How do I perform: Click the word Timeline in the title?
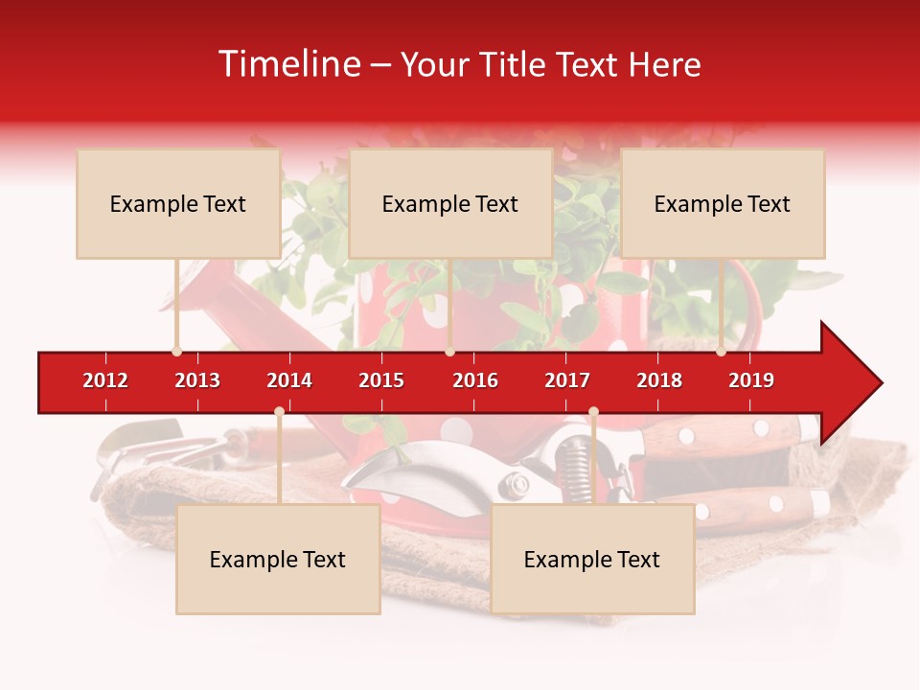click(x=288, y=64)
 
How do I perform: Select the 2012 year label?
click(x=105, y=380)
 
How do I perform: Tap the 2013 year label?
click(x=197, y=380)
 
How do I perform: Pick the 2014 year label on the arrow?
click(x=289, y=380)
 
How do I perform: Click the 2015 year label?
click(x=381, y=380)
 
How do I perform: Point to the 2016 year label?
click(x=475, y=380)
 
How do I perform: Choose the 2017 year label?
click(x=567, y=380)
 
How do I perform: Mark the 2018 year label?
click(x=659, y=380)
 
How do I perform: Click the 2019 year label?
click(x=751, y=380)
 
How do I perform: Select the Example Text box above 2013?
click(x=178, y=204)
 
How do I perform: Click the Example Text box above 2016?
click(x=450, y=204)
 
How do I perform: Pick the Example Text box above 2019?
click(x=723, y=204)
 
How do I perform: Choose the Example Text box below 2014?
click(x=278, y=560)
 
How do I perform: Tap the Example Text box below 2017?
click(x=592, y=560)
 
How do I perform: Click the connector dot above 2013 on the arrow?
click(x=176, y=352)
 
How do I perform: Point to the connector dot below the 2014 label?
click(x=279, y=411)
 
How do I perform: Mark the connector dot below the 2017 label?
click(x=593, y=411)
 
